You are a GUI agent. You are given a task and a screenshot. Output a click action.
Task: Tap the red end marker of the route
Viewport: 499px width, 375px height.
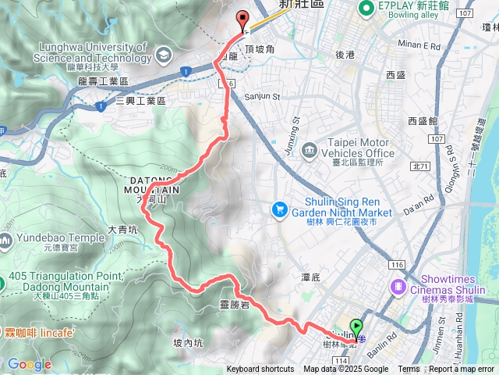coord(242,21)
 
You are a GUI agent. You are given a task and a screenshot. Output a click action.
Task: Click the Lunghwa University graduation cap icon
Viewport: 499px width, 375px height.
coord(163,54)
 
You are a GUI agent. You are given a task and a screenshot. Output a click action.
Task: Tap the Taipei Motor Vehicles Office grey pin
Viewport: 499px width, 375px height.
coord(310,149)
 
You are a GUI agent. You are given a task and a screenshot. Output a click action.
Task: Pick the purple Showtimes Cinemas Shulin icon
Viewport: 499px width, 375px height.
coord(398,287)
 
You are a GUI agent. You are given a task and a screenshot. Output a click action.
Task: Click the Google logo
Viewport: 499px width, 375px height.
coord(29,364)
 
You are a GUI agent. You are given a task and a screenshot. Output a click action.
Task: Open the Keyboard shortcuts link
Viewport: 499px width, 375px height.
coord(260,370)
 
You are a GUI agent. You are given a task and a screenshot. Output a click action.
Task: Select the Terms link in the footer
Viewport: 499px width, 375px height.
coord(409,370)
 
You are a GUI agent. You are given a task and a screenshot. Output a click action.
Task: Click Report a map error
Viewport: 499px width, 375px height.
coord(462,370)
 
